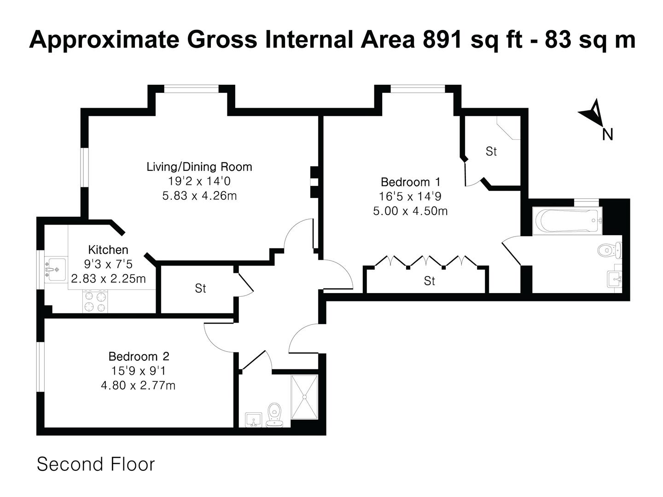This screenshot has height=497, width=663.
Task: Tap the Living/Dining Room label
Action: (199, 167)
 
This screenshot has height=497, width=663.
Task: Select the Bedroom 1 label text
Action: (411, 182)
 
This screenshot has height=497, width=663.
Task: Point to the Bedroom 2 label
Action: (139, 356)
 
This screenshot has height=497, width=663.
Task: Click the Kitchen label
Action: (108, 249)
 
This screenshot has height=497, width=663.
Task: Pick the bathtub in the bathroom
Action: (567, 220)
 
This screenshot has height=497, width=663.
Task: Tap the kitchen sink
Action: (55, 270)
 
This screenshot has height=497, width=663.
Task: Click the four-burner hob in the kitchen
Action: (95, 301)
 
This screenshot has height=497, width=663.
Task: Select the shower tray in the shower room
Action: (304, 397)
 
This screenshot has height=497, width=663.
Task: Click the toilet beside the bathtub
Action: (610, 250)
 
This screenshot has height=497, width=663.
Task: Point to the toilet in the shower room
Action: (274, 415)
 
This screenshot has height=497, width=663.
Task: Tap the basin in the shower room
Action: (253, 420)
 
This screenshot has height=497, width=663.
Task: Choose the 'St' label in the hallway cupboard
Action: (200, 289)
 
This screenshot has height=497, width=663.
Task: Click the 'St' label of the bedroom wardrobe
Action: (429, 281)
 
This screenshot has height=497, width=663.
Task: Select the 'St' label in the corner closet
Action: (491, 151)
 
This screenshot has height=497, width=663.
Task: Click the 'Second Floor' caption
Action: (96, 464)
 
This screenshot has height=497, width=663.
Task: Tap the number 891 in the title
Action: (442, 40)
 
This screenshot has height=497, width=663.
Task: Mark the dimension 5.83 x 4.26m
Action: (199, 196)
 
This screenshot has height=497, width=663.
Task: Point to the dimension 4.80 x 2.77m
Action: (138, 385)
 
